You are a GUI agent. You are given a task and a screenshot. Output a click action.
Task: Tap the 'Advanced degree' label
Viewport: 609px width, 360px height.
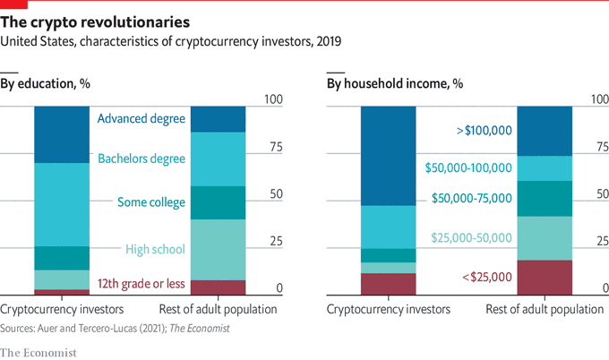[x=141, y=118]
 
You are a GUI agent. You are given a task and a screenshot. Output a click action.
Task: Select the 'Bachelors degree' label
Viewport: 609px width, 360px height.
[x=141, y=158]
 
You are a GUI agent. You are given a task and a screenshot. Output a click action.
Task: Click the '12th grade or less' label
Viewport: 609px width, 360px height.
[x=141, y=284]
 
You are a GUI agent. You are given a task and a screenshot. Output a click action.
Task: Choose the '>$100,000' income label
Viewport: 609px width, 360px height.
[x=484, y=131]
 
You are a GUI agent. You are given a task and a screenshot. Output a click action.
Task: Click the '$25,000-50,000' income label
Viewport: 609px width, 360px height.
[x=472, y=237]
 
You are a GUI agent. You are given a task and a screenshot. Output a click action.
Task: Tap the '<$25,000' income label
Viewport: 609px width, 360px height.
[x=487, y=277]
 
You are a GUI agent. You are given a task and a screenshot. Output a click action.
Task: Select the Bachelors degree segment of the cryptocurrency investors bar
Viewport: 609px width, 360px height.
[x=62, y=204]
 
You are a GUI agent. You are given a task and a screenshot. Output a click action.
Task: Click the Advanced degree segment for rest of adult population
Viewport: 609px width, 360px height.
[x=219, y=118]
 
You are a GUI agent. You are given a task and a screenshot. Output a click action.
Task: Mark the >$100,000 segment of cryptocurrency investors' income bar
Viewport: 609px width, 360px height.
[x=389, y=156]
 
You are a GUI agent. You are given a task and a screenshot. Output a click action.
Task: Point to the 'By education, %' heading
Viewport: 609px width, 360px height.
[x=46, y=83]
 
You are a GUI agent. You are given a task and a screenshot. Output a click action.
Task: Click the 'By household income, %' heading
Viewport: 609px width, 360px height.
[x=394, y=83]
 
